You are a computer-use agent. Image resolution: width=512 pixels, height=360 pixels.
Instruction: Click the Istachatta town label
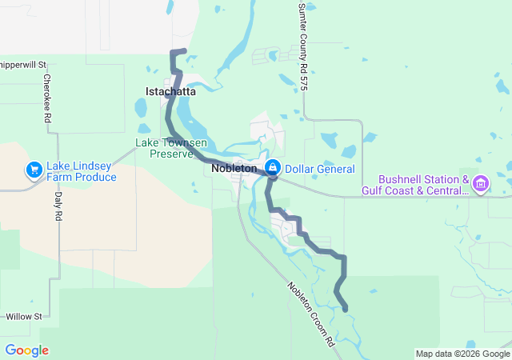click(170, 92)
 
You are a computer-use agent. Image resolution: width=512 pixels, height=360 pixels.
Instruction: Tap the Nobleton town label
click(234, 169)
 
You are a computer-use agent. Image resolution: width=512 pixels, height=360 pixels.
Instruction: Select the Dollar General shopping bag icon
click(273, 168)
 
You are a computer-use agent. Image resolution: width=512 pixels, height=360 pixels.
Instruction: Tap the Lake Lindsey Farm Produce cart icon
click(34, 170)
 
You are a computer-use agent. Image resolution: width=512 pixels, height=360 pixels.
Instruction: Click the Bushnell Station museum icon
click(481, 185)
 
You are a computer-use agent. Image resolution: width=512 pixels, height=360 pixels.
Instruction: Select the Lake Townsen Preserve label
click(171, 148)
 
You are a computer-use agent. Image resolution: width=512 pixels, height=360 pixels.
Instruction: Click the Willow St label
click(23, 317)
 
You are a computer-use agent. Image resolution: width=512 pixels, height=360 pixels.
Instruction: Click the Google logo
click(26, 350)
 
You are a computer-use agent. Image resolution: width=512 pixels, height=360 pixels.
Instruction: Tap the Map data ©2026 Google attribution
click(462, 354)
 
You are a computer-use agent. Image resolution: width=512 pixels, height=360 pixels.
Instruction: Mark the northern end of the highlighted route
click(185, 51)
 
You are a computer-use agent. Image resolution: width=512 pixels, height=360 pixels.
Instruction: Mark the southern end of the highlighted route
click(346, 309)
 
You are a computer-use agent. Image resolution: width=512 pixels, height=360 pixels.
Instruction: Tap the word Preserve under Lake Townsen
click(171, 154)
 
